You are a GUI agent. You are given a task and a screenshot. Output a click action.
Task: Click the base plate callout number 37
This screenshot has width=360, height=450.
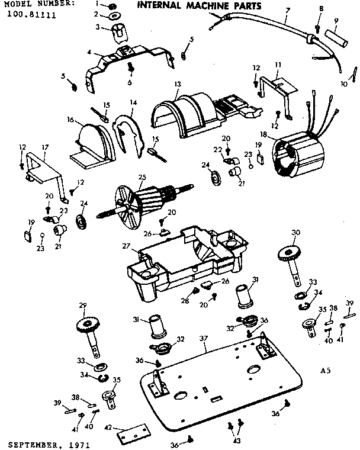pyautogui.click(x=204, y=338)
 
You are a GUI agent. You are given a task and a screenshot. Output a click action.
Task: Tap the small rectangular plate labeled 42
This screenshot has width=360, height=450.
pyautogui.click(x=131, y=436)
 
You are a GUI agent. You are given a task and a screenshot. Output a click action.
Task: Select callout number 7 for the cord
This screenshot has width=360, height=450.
pyautogui.click(x=287, y=11)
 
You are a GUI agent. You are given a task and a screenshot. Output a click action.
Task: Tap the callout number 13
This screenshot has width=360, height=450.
pyautogui.click(x=177, y=85)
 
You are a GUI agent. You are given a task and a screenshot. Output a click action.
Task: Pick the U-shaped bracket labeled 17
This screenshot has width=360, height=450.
pyautogui.click(x=44, y=166)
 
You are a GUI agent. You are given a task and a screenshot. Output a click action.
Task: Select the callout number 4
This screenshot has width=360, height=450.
pyautogui.click(x=89, y=52)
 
